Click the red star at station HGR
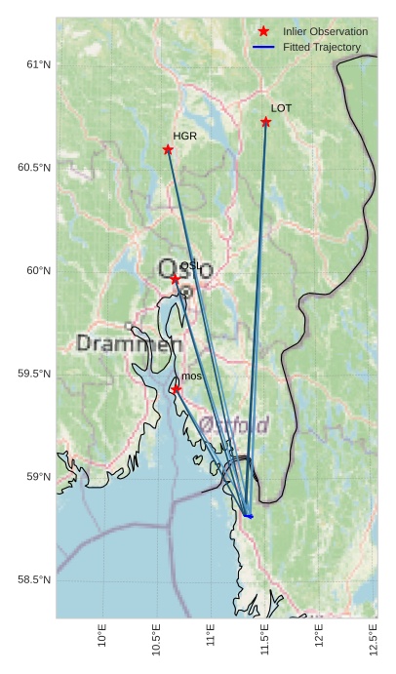click(x=168, y=149)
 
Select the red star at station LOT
click(x=265, y=122)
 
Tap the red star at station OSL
click(x=176, y=279)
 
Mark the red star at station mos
click(x=176, y=389)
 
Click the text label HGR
click(x=184, y=137)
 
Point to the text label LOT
click(x=281, y=108)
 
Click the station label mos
click(x=191, y=377)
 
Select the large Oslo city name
click(x=185, y=269)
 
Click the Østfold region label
click(x=234, y=424)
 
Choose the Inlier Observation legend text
click(x=325, y=32)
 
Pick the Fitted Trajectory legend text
click(x=321, y=47)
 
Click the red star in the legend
click(x=263, y=32)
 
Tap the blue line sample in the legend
click(x=263, y=47)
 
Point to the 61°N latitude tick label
click(x=37, y=64)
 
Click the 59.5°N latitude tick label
click(x=33, y=374)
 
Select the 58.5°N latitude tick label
click(x=33, y=579)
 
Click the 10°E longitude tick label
click(x=103, y=638)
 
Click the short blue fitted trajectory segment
click(x=248, y=514)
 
